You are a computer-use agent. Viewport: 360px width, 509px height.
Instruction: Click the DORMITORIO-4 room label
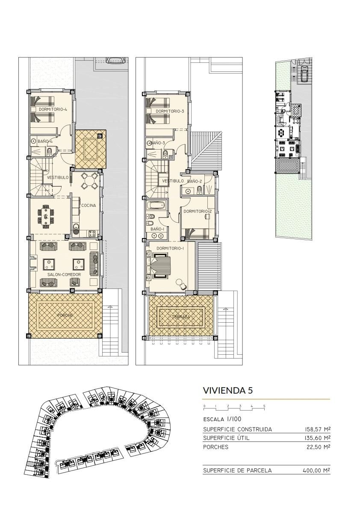pyautogui.click(x=53, y=109)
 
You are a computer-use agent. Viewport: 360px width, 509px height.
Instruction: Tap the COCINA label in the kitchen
pyautogui.click(x=88, y=205)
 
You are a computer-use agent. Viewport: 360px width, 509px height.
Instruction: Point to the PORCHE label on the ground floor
pyautogui.click(x=65, y=315)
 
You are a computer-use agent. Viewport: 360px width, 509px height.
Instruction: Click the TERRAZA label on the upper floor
pyautogui.click(x=181, y=317)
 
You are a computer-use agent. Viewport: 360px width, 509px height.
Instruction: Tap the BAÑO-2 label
pyautogui.click(x=195, y=181)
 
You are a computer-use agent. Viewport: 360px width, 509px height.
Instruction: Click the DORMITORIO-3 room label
pyautogui.click(x=170, y=111)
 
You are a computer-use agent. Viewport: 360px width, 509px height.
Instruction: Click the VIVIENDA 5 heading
pyautogui.click(x=227, y=390)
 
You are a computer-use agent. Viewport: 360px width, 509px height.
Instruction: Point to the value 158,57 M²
pyautogui.click(x=316, y=429)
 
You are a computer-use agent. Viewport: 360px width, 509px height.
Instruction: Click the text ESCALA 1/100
pyautogui.click(x=222, y=419)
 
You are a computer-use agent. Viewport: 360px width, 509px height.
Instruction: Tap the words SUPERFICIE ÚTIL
pyautogui.click(x=226, y=438)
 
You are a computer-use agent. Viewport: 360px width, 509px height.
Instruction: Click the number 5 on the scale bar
pyautogui.click(x=264, y=406)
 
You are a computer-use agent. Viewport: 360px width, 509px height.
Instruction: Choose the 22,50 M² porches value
pyautogui.click(x=319, y=447)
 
